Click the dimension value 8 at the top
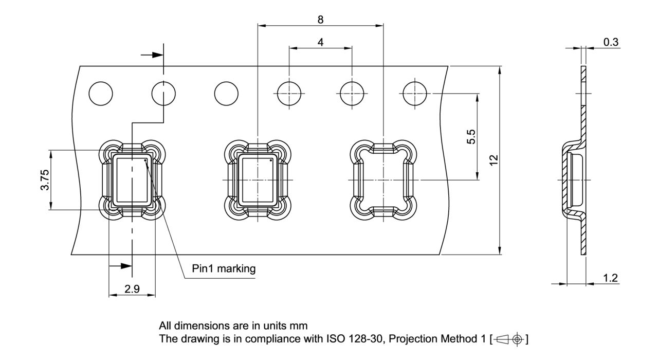click(x=320, y=20)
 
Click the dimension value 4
click(x=320, y=42)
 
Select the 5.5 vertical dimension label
click(x=471, y=137)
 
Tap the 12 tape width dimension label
click(x=494, y=160)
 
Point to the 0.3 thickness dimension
click(x=611, y=42)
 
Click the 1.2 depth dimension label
click(x=611, y=278)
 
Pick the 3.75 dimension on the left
click(x=45, y=180)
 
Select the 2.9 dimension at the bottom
click(x=132, y=289)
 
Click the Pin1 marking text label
click(x=224, y=268)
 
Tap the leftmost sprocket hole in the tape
click(x=100, y=94)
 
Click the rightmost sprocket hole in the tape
click(x=415, y=94)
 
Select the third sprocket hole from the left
click(x=226, y=94)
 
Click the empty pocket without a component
click(x=383, y=180)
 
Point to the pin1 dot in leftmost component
click(x=145, y=160)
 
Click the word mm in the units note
click(x=299, y=326)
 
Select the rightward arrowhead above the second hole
click(x=154, y=55)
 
